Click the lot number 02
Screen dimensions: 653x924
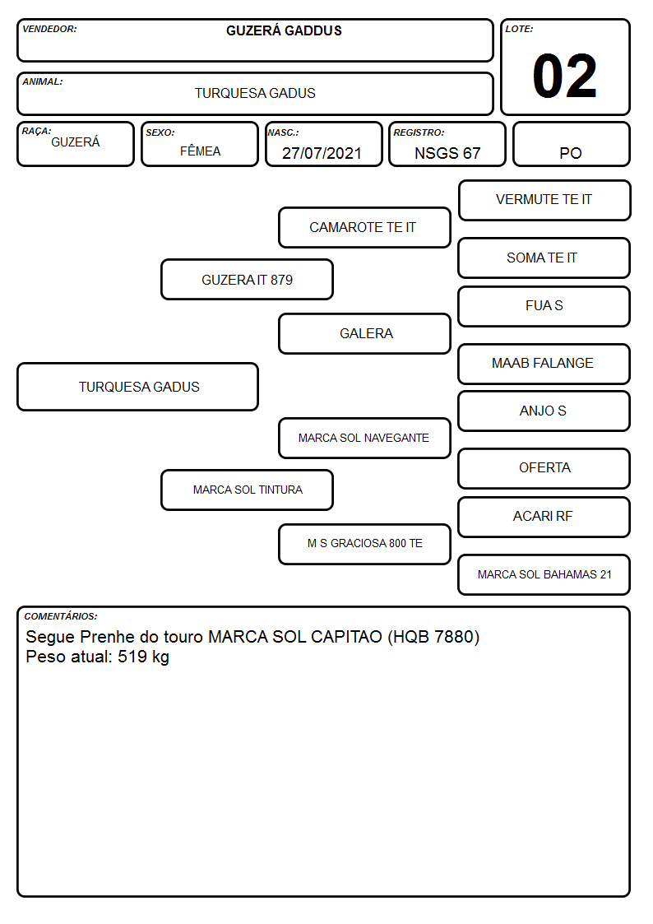coord(564,76)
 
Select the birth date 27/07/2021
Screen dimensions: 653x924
coord(322,153)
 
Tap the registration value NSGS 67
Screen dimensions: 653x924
coord(447,153)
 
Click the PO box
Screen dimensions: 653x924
coord(571,144)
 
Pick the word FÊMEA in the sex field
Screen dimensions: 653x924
coord(200,151)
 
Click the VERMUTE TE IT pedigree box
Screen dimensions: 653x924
coord(544,201)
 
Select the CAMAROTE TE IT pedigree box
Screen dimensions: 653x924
coord(364,227)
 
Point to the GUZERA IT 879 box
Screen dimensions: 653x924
coord(247,279)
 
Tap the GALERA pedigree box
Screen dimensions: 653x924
coord(364,333)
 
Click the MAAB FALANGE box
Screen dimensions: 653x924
coord(544,364)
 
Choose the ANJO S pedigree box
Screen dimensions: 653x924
coord(544,411)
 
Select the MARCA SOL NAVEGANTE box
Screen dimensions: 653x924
coord(364,439)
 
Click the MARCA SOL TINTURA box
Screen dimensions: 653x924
coord(247,490)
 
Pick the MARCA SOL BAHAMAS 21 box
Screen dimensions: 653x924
coord(544,575)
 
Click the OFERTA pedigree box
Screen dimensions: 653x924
coord(544,469)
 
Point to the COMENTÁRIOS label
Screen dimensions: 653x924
coord(61,616)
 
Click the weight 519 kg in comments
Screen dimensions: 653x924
coord(143,657)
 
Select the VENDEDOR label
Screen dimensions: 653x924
coord(49,29)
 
